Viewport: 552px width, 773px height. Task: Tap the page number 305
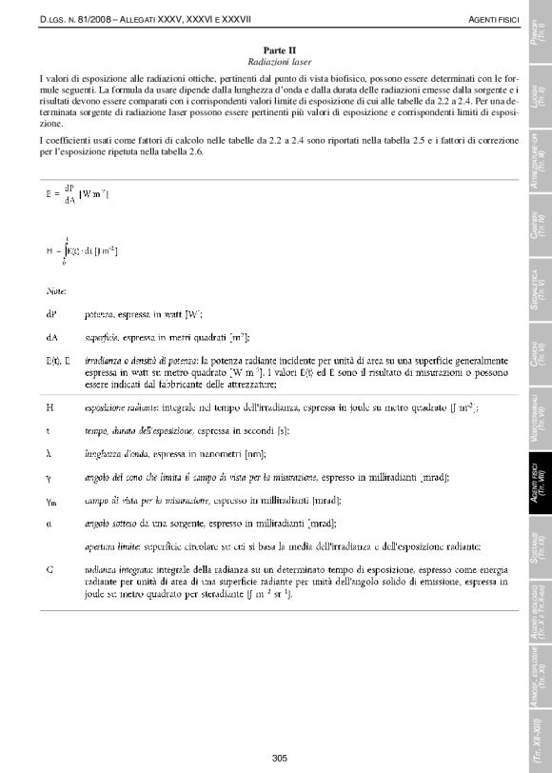coord(280,758)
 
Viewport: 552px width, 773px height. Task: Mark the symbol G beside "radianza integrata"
coord(49,569)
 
